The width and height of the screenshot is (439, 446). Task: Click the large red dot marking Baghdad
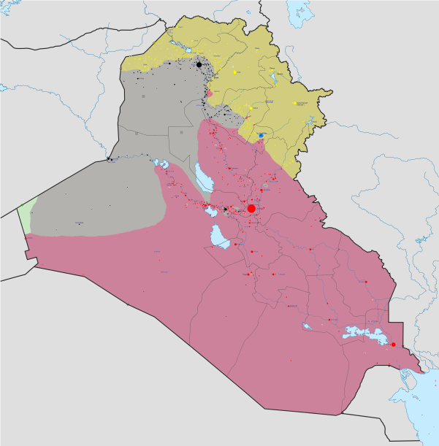(x=251, y=209)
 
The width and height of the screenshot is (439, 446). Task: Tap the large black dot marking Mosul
(x=199, y=65)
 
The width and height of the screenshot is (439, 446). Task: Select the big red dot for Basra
(x=393, y=345)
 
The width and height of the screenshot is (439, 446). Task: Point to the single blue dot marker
(x=261, y=135)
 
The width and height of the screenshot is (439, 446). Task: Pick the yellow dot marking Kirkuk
(x=251, y=108)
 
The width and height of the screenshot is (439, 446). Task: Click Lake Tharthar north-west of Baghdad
(x=200, y=175)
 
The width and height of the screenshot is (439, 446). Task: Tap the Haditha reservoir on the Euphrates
(x=159, y=162)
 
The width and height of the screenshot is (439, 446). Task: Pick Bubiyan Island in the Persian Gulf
(x=419, y=387)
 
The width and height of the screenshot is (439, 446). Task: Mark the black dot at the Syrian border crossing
(x=109, y=158)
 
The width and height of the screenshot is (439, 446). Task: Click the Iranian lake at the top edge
(x=297, y=11)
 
